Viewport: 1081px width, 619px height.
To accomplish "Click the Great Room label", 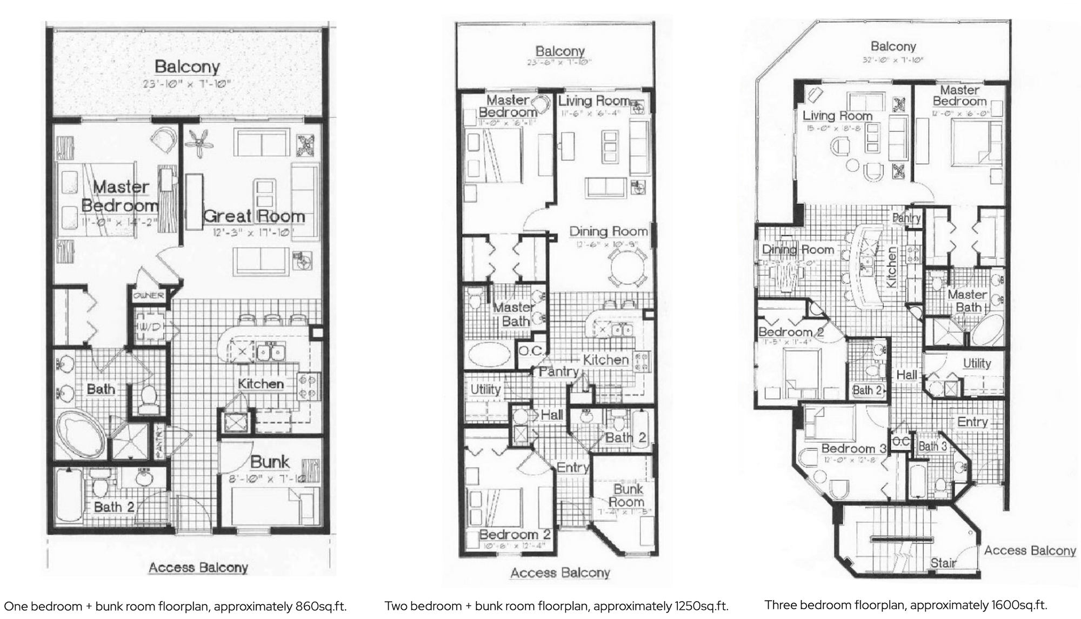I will click(x=254, y=216).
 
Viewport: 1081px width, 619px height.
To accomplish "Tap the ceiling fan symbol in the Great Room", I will click(x=198, y=143).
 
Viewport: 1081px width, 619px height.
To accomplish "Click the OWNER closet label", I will click(x=149, y=296).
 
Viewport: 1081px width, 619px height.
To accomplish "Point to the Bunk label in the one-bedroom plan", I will click(x=270, y=462).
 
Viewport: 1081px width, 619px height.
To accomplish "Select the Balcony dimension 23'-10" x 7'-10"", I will click(x=187, y=84).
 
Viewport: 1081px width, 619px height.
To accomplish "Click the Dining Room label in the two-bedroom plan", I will click(x=609, y=231).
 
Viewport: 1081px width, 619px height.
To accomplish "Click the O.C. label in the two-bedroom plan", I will click(x=531, y=351).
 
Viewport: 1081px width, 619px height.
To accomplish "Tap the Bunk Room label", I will click(x=628, y=495).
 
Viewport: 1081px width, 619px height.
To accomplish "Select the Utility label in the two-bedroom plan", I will click(x=485, y=389).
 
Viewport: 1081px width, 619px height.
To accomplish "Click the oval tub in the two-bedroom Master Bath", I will click(x=489, y=355).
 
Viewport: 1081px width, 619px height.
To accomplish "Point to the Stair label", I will click(x=943, y=563).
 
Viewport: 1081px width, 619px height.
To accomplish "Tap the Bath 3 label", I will click(x=932, y=447).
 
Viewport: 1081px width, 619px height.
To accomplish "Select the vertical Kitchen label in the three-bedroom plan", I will click(x=891, y=267).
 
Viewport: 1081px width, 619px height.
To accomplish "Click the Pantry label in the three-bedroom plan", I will click(x=906, y=218).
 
